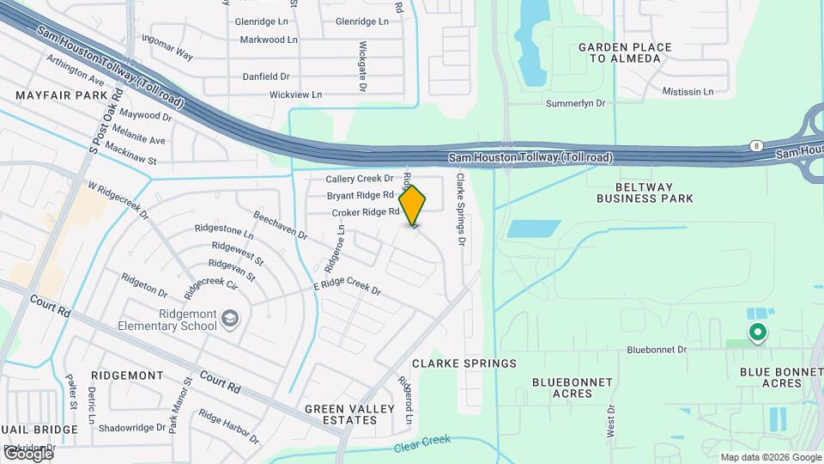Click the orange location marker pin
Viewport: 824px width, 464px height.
pyautogui.click(x=413, y=205)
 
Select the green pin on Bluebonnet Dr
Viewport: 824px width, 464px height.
pyautogui.click(x=757, y=332)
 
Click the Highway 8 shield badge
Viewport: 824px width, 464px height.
pyautogui.click(x=755, y=146)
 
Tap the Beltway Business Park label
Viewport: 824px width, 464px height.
pyautogui.click(x=645, y=192)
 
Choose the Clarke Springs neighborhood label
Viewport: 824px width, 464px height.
pyautogui.click(x=463, y=363)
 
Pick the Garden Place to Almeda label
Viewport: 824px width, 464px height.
pyautogui.click(x=619, y=52)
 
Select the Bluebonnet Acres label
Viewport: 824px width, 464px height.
pyautogui.click(x=572, y=388)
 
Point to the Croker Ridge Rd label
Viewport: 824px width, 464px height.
pyautogui.click(x=367, y=211)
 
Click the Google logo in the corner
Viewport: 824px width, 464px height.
pyautogui.click(x=27, y=453)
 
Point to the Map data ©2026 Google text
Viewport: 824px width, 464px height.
pyautogui.click(x=771, y=457)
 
